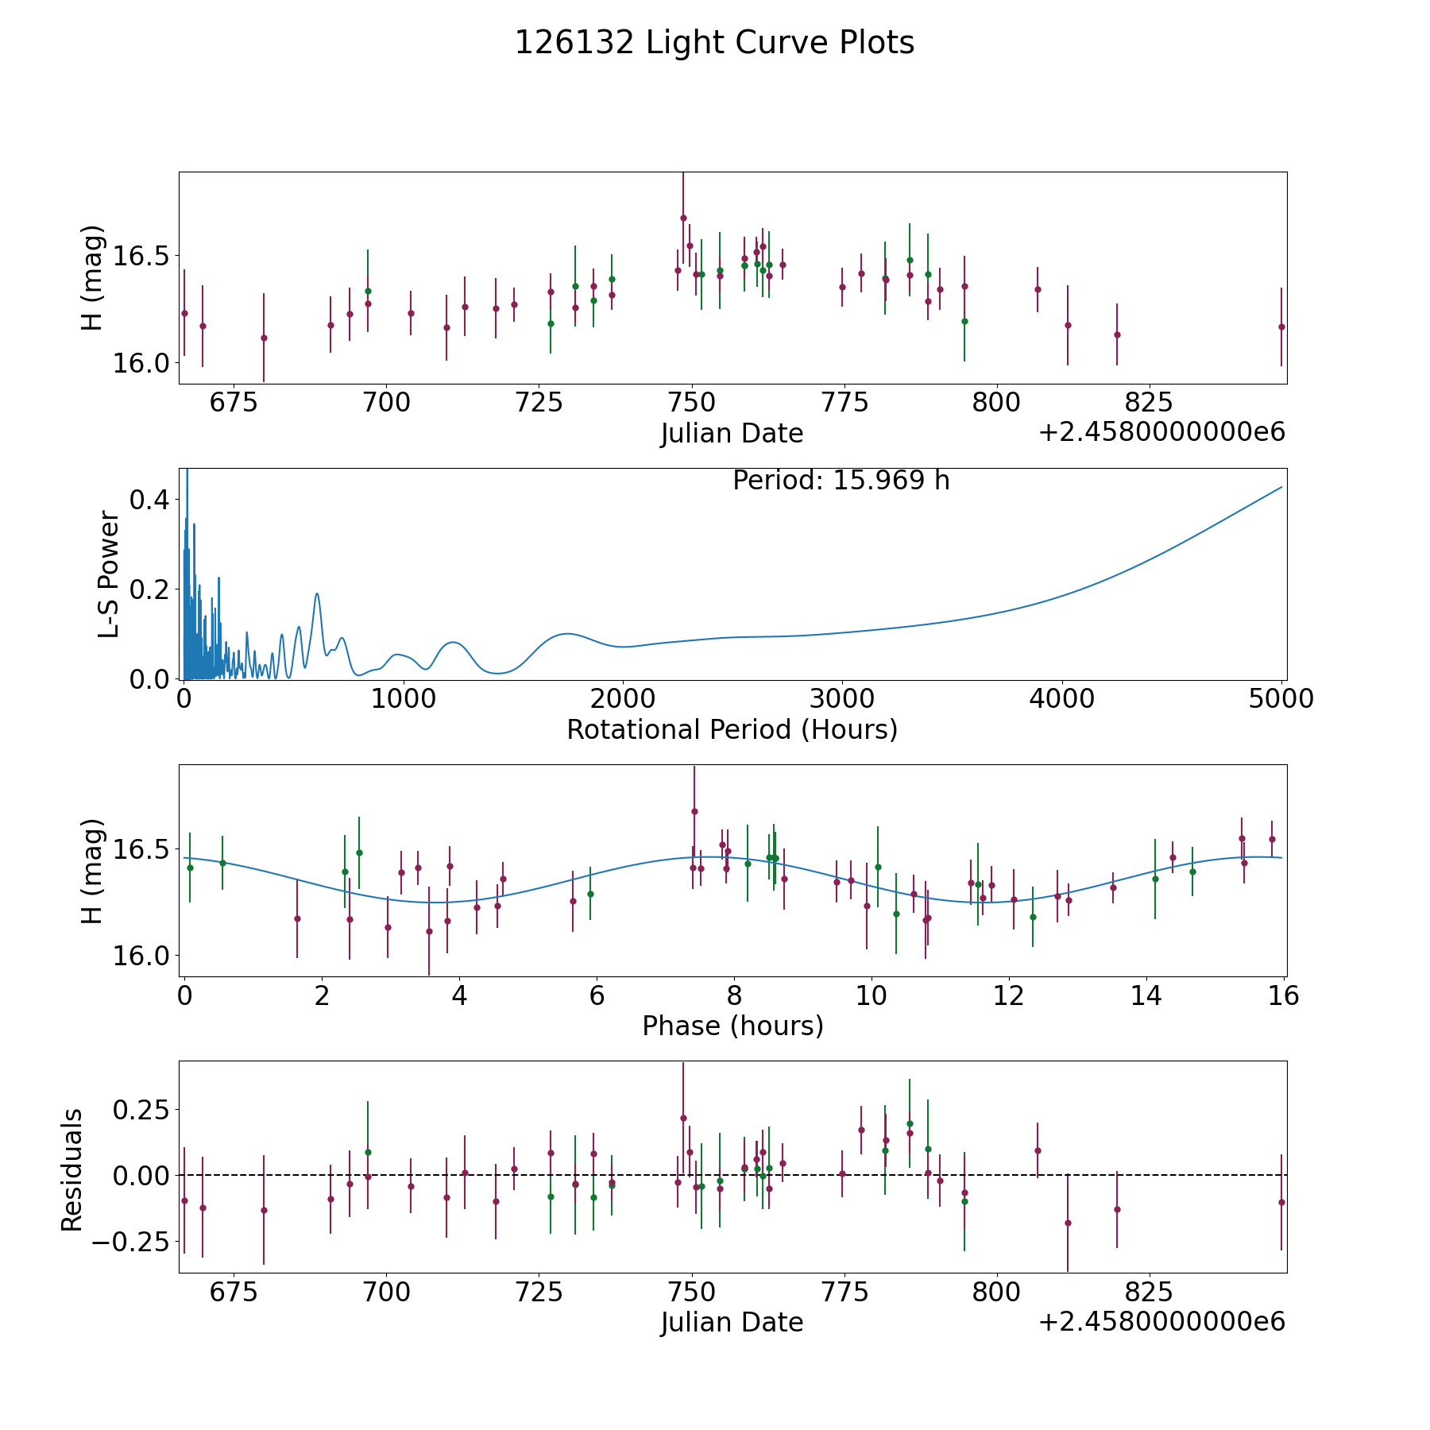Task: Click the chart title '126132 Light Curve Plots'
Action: tap(714, 43)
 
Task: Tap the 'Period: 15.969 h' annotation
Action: tap(841, 481)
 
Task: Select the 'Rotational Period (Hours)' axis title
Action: tap(732, 729)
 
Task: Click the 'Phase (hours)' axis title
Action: tap(732, 1026)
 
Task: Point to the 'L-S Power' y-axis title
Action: tap(110, 574)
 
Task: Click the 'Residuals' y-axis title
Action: tap(72, 1170)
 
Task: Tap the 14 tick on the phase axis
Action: tap(1146, 996)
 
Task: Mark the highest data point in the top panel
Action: tap(683, 218)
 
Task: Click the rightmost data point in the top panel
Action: tap(1281, 327)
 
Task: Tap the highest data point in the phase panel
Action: tap(694, 811)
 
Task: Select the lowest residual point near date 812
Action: tap(1068, 1223)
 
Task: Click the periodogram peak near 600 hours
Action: tap(317, 593)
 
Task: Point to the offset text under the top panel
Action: tap(1161, 432)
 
